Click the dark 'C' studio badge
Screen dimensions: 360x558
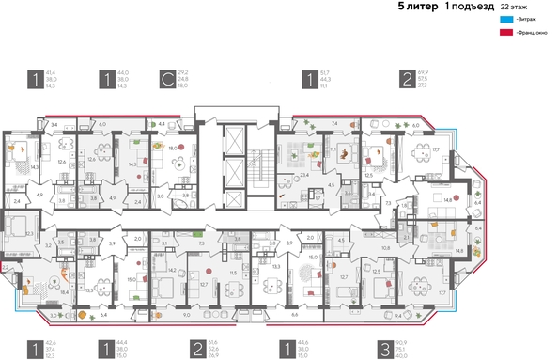pos(166,79)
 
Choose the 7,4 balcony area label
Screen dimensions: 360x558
pos(334,123)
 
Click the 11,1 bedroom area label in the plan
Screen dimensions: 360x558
pos(333,149)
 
